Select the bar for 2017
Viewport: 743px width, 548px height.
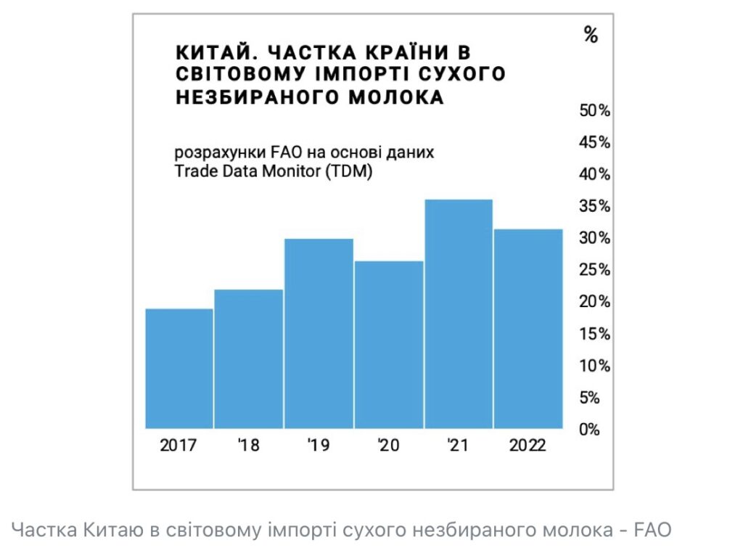[x=179, y=368]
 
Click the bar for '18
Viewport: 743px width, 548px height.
[x=249, y=359]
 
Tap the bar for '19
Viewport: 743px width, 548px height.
[x=319, y=333]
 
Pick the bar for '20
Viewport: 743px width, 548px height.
[x=388, y=344]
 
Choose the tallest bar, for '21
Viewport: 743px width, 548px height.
[x=458, y=314]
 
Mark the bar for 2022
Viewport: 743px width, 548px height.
[x=528, y=328]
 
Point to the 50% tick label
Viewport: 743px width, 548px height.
[x=594, y=110]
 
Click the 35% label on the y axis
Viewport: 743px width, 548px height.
[x=594, y=206]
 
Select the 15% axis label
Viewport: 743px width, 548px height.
[x=594, y=334]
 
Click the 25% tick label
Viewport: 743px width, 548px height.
[x=594, y=270]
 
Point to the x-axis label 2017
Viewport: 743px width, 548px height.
[x=178, y=445]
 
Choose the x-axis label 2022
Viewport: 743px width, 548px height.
[x=528, y=445]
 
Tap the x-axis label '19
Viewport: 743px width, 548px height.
[x=318, y=445]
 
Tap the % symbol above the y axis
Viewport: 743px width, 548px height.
[x=591, y=34]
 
